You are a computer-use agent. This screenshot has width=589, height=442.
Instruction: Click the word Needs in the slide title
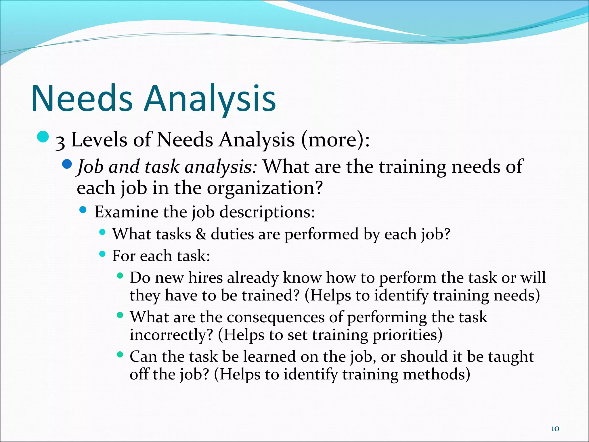[82, 98]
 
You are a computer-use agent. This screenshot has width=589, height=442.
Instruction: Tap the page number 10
[555, 429]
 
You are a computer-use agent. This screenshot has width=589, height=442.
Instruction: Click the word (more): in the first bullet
[335, 140]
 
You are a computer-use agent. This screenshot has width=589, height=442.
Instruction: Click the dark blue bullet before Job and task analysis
[67, 164]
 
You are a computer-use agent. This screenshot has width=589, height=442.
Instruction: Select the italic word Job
[90, 167]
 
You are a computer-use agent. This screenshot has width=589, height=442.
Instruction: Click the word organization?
[265, 188]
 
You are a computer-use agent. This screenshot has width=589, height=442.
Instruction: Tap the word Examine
[126, 212]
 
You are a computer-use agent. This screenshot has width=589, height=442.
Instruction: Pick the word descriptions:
[267, 213]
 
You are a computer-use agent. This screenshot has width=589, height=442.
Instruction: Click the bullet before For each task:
[102, 254]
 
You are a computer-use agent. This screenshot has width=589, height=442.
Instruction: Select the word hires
[205, 278]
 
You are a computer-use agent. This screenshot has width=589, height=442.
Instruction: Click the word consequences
[275, 317]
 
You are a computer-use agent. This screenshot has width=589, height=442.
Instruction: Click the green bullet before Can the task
[120, 355]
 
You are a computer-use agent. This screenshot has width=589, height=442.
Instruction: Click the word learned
[269, 357]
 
